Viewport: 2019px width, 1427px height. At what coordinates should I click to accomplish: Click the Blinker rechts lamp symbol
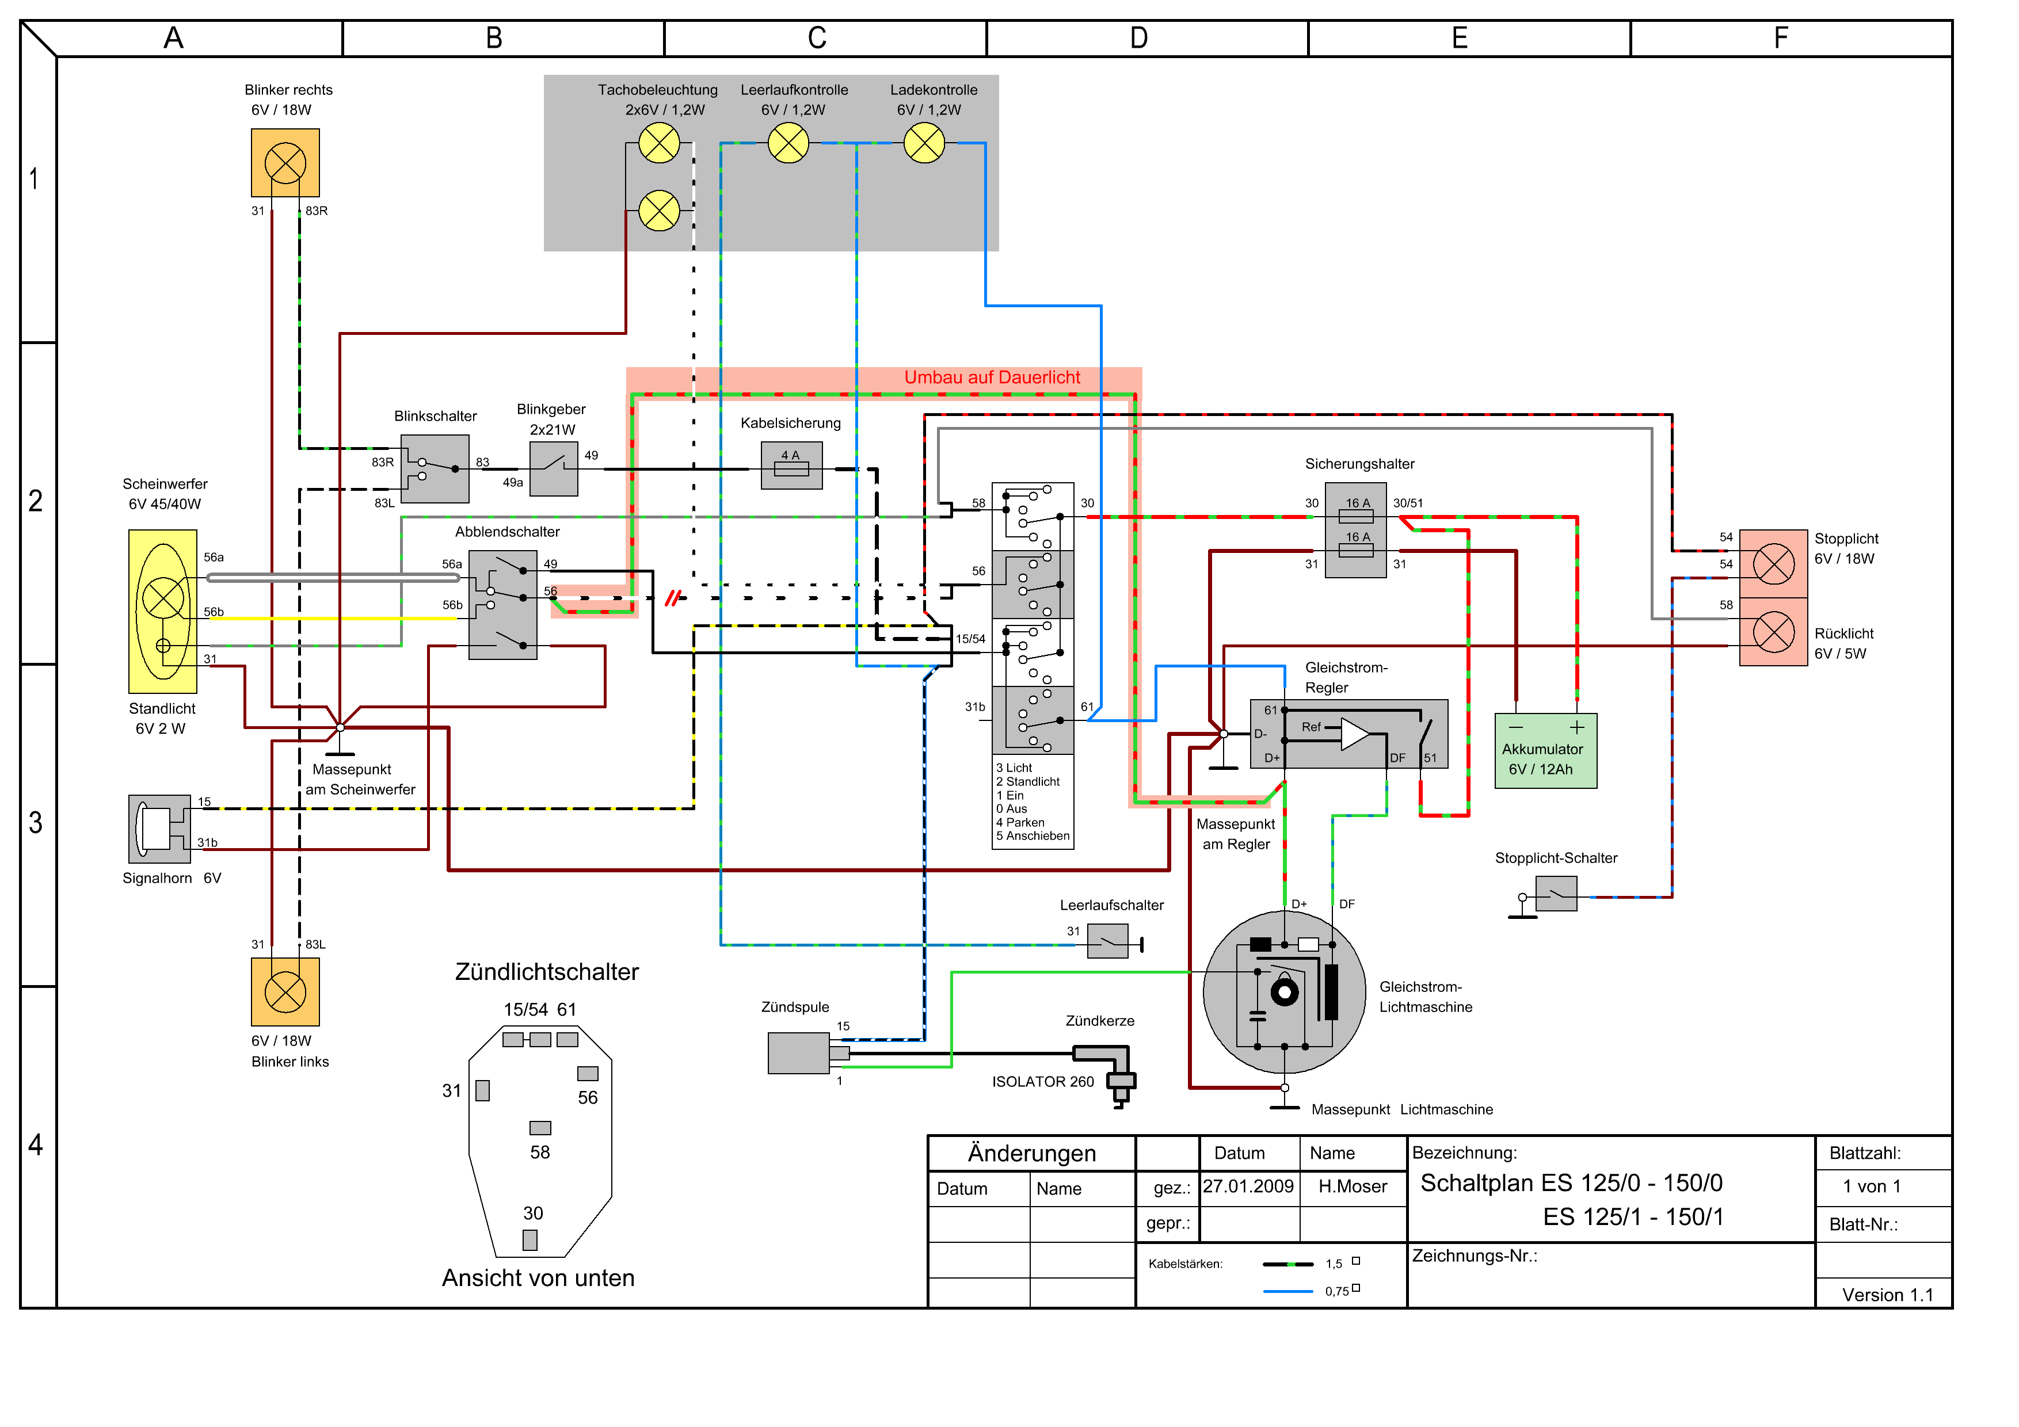(x=285, y=163)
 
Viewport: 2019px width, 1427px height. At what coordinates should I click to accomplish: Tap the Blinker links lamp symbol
(x=285, y=992)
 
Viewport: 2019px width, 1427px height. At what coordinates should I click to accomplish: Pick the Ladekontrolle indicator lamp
(x=924, y=143)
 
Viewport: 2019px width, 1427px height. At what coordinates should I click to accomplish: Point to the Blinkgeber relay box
(x=554, y=468)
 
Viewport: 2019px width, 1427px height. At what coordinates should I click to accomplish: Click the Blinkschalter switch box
(x=435, y=468)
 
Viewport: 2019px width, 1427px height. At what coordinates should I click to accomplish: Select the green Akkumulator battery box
(x=1546, y=751)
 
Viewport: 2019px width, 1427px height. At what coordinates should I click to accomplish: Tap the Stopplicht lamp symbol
(x=1774, y=563)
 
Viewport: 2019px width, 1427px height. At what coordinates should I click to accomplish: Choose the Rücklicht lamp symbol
(x=1774, y=632)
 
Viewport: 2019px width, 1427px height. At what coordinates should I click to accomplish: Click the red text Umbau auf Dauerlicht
(x=992, y=377)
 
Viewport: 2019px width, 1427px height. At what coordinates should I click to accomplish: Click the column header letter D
(x=1139, y=38)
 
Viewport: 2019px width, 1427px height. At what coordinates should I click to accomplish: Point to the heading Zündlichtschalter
(x=547, y=971)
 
